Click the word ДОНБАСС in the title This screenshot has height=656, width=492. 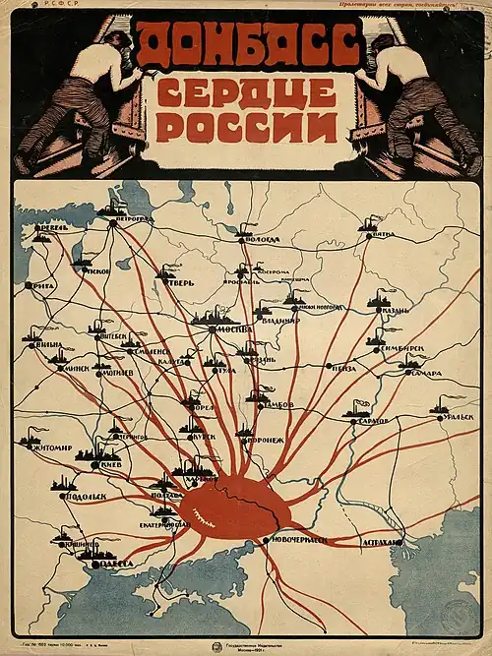246,44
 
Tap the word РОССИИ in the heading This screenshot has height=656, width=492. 246,127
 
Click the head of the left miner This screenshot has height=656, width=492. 113,44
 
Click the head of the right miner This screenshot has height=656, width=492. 383,44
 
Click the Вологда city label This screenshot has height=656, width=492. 262,239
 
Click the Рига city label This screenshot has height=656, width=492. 42,286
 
